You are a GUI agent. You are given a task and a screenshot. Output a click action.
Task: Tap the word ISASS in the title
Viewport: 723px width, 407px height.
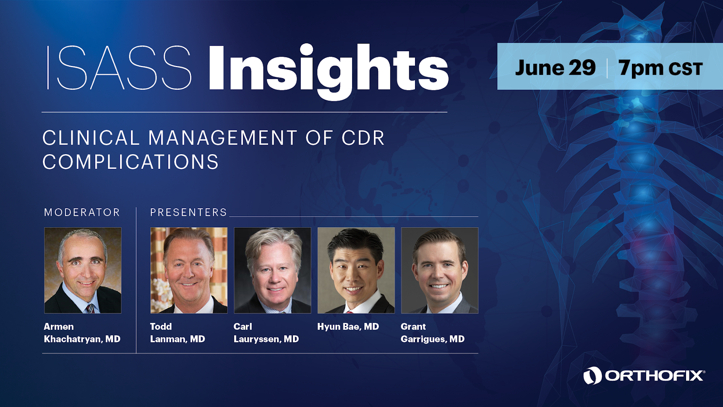tap(119, 68)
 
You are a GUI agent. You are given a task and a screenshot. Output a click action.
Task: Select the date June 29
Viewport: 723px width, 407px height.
tap(555, 68)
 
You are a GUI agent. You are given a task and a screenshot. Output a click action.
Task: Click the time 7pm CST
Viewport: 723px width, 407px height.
tap(660, 68)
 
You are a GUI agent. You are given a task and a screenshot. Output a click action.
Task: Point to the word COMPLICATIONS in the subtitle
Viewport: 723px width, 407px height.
tap(131, 162)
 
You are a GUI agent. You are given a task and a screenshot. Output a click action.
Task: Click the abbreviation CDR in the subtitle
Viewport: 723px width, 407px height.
tap(363, 138)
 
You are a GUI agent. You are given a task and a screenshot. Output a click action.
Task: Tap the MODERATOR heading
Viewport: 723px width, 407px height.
tap(82, 213)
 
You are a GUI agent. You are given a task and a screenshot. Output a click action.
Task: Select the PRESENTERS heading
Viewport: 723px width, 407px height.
tap(188, 213)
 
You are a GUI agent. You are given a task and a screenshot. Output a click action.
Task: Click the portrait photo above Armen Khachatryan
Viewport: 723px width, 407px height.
tap(83, 270)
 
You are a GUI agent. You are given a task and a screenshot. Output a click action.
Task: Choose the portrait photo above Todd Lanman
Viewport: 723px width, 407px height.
tap(189, 270)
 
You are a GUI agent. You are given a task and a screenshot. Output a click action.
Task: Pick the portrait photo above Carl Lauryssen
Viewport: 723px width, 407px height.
tap(272, 270)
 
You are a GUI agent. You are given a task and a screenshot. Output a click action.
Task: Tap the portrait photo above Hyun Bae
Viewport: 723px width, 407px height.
tap(356, 270)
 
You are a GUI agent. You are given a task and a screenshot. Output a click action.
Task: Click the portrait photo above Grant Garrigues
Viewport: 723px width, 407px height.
tap(440, 270)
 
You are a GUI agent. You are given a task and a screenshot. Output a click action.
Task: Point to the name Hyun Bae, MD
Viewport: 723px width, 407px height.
tap(348, 326)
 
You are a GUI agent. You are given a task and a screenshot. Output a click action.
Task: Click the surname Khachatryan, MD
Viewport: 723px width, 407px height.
tap(82, 339)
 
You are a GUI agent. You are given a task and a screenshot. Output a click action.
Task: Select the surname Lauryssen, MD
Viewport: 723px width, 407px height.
tap(266, 339)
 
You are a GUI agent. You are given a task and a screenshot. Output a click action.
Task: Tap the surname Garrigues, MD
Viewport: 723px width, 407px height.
tap(433, 339)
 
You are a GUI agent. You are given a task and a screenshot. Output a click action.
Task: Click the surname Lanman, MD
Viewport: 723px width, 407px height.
tap(177, 339)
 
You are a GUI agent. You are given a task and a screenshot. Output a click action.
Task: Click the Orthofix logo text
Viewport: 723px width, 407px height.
tap(655, 375)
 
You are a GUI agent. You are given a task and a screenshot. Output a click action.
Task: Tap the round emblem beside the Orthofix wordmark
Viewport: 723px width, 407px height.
tap(592, 375)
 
